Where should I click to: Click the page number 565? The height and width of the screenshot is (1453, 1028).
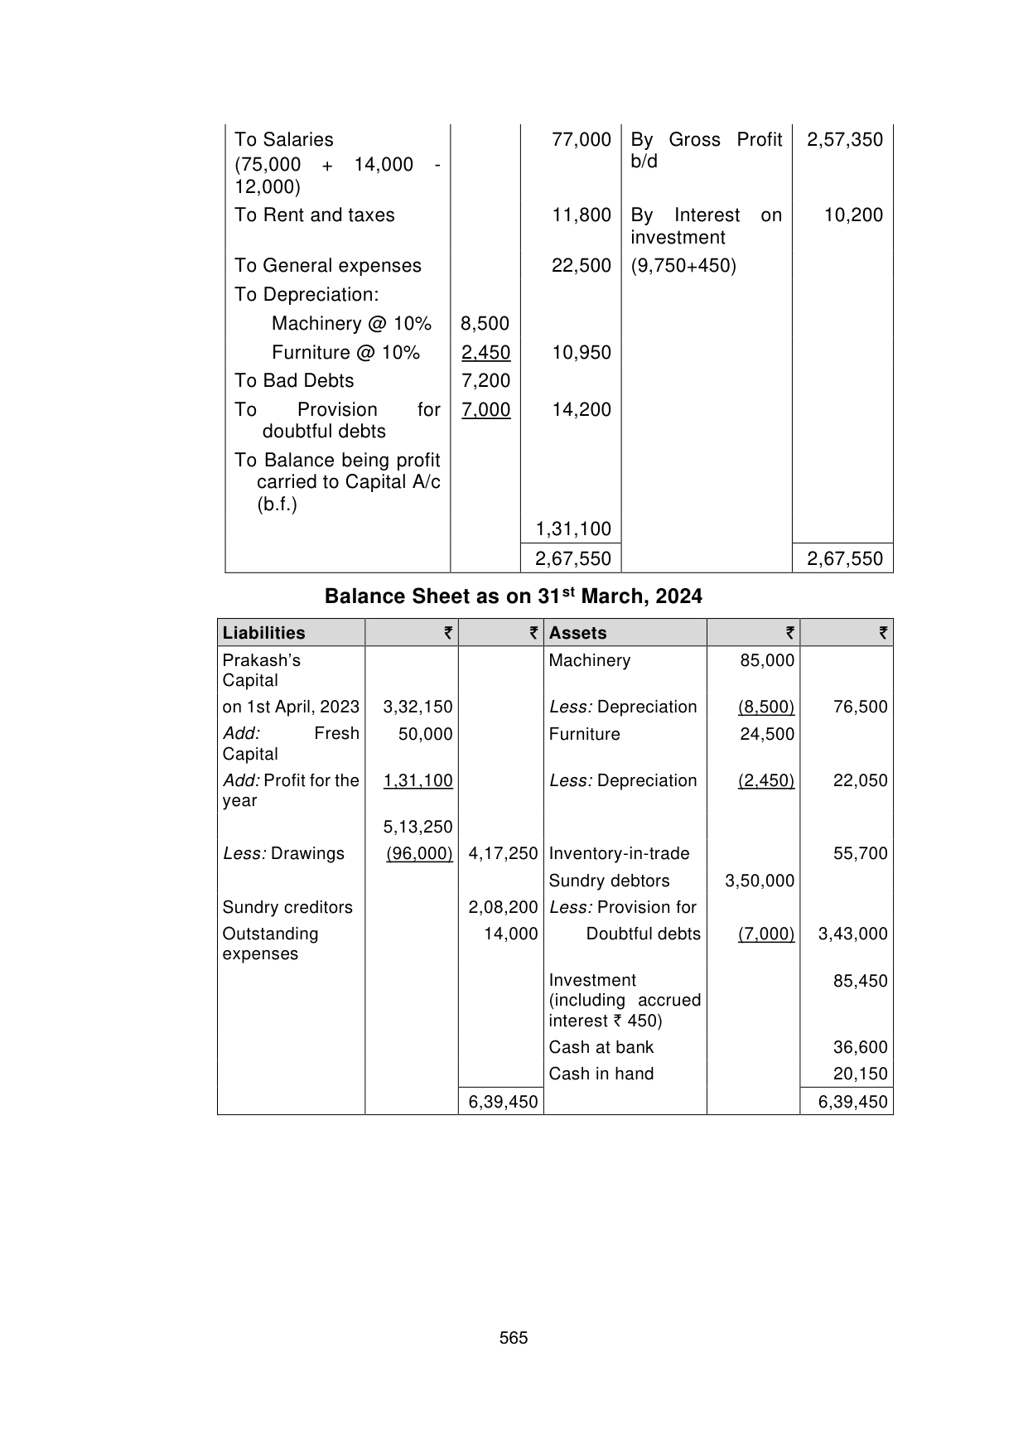(x=514, y=1338)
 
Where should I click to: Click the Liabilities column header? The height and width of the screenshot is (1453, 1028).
(x=263, y=633)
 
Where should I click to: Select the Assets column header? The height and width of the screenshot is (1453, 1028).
(x=577, y=633)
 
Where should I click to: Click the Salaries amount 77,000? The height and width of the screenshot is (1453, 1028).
(x=582, y=140)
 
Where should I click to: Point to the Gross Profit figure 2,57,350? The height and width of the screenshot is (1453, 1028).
(x=845, y=140)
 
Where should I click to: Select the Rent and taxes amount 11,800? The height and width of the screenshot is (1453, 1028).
(x=582, y=215)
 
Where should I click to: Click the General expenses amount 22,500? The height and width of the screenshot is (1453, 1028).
(x=582, y=266)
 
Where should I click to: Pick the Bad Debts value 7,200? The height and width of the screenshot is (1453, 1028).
(x=485, y=381)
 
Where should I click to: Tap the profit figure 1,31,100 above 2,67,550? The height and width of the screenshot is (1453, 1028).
(x=573, y=529)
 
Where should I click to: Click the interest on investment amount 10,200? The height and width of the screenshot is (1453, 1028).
(x=853, y=215)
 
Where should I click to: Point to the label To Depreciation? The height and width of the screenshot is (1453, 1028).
(x=306, y=295)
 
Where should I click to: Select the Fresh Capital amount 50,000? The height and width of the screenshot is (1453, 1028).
(x=425, y=734)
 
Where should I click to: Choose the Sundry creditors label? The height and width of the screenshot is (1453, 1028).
(x=287, y=907)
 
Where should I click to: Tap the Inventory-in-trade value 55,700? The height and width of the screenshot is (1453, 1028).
(x=860, y=854)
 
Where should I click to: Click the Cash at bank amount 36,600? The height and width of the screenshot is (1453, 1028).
(x=860, y=1048)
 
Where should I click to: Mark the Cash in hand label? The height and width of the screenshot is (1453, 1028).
(x=601, y=1074)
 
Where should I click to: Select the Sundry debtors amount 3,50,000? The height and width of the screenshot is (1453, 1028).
(x=760, y=881)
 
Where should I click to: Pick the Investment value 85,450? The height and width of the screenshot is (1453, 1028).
(x=860, y=982)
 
